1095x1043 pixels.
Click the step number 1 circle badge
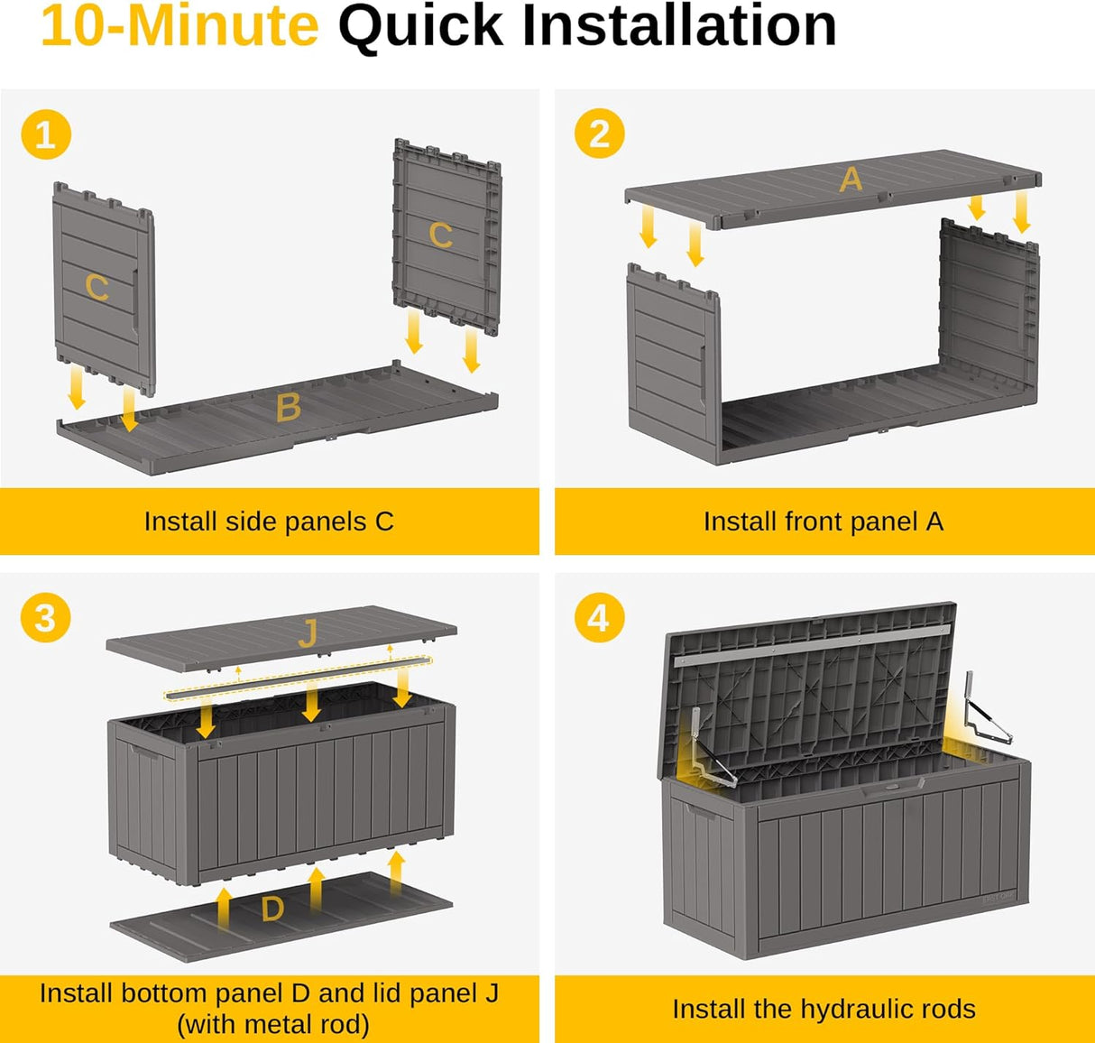45,135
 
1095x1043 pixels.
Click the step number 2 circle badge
599,134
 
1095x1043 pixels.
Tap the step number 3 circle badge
45,619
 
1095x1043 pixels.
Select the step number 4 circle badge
599,619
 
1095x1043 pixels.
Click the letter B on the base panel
288,408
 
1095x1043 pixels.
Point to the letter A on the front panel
851,180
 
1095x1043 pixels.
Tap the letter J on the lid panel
308,634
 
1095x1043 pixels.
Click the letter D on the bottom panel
272,909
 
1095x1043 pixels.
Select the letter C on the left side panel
97,288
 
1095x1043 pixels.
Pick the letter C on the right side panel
440,235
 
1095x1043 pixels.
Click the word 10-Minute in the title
179,25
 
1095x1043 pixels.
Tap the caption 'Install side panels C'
269,521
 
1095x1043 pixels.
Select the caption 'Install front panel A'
823,521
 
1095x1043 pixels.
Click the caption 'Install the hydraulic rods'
824,1009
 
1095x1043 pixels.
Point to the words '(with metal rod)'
273,1025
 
